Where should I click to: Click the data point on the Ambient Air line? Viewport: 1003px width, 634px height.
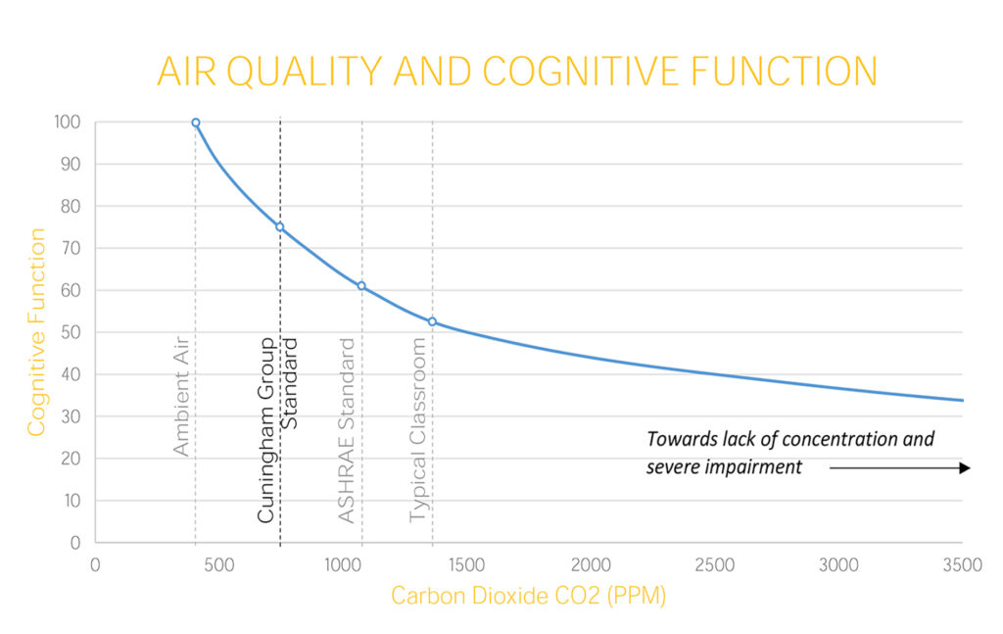(196, 122)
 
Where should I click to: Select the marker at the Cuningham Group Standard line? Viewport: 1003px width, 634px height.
(279, 227)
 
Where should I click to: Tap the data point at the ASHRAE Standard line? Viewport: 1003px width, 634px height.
(361, 286)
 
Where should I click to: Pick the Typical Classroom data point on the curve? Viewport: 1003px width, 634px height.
(432, 321)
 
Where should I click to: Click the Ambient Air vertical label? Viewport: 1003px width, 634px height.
(181, 396)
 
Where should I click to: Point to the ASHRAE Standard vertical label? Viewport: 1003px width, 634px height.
(346, 430)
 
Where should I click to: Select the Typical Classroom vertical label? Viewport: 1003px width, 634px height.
(417, 430)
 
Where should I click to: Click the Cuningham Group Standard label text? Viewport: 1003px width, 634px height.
(277, 430)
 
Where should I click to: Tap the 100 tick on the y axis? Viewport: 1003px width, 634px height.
(68, 122)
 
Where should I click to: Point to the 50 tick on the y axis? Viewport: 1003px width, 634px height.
(71, 332)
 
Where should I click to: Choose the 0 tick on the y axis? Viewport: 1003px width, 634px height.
(75, 543)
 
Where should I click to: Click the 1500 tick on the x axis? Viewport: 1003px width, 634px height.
(466, 564)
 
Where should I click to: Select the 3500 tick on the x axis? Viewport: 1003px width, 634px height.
(963, 564)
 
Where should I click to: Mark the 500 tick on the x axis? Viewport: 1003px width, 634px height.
(218, 564)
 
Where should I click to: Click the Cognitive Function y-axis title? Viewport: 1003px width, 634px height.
(36, 332)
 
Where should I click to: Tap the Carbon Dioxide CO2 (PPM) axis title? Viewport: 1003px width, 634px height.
(528, 596)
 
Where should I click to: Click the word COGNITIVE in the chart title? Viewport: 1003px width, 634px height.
(580, 71)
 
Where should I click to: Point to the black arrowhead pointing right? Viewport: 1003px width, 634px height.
(965, 468)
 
